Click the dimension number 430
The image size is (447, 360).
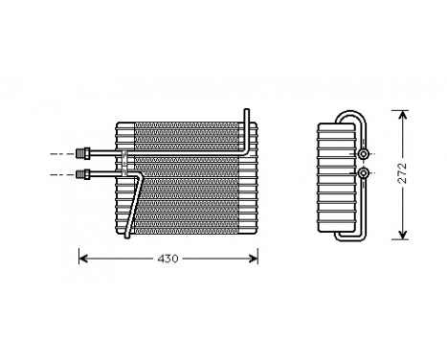click(168, 259)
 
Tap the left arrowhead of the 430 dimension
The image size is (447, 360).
click(82, 259)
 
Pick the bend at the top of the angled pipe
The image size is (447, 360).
click(139, 174)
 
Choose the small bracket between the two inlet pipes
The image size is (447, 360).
click(123, 163)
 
